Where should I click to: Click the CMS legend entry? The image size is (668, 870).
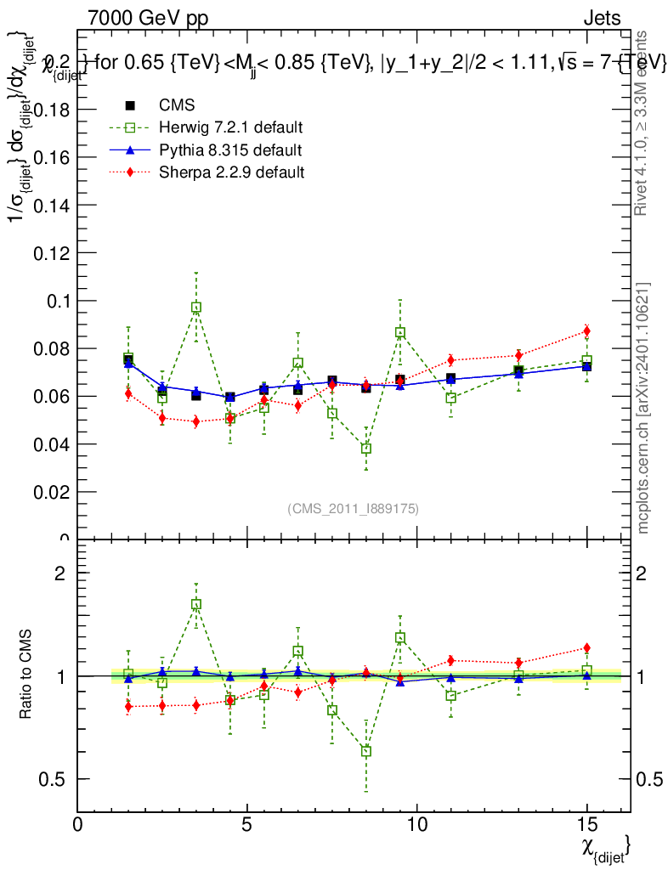(x=177, y=105)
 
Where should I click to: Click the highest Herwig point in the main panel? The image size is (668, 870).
(x=196, y=308)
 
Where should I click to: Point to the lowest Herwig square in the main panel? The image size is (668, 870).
(x=365, y=448)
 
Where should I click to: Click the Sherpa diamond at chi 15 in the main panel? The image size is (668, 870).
(x=586, y=330)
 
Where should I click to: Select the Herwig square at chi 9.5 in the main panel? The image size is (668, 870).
(x=399, y=332)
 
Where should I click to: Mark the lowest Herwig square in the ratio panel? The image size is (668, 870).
(x=365, y=751)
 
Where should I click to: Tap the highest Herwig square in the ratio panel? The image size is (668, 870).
(x=196, y=605)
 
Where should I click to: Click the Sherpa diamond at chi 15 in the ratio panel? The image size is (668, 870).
(x=586, y=648)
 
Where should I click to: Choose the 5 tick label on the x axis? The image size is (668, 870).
(x=246, y=825)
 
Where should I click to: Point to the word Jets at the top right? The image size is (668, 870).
(x=601, y=18)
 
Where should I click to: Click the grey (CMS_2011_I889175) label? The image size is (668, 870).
(x=353, y=508)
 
